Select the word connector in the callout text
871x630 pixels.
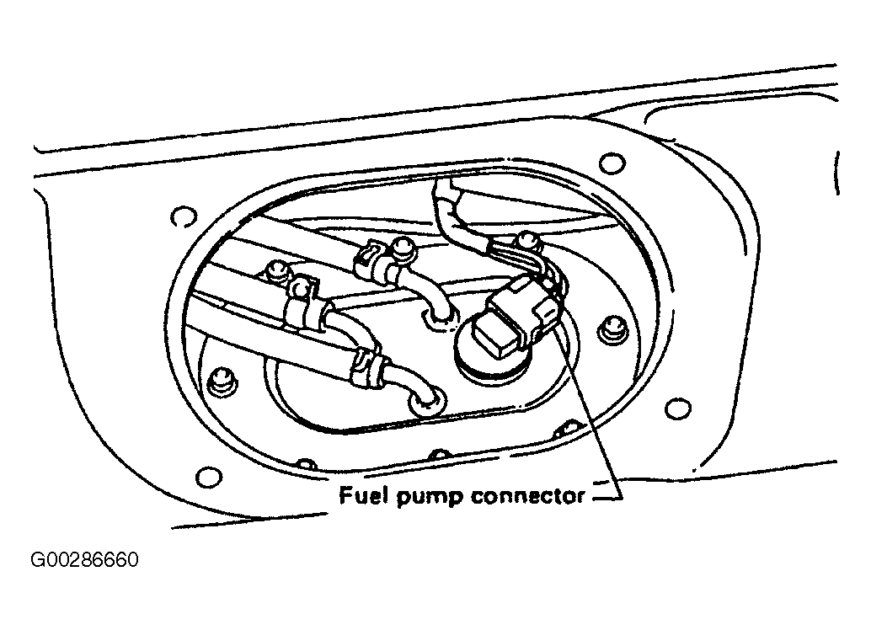point(527,495)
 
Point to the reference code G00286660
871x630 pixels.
point(84,559)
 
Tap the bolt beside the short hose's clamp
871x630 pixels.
point(400,248)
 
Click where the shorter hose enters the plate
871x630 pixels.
point(439,318)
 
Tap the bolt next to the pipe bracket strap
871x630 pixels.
point(275,270)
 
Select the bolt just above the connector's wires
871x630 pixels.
point(526,240)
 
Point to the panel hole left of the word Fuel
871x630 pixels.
point(209,477)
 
